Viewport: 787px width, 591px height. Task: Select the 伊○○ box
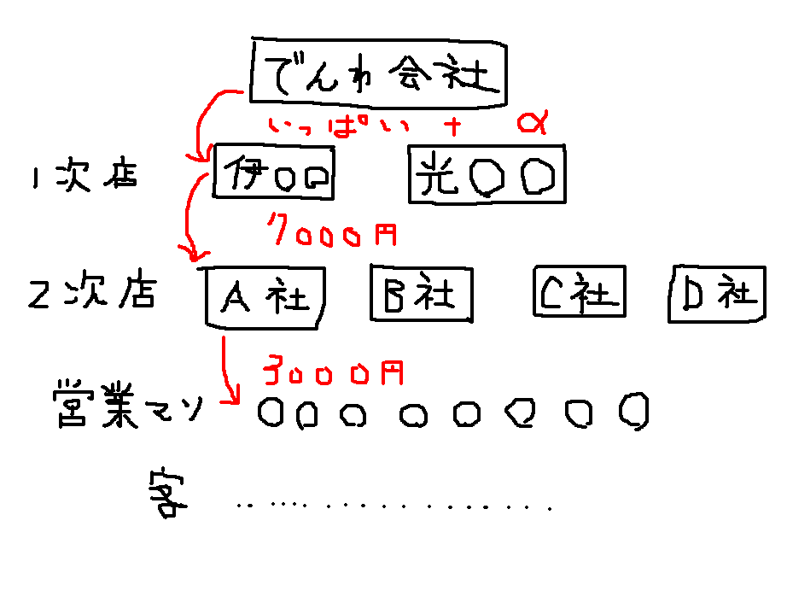(273, 173)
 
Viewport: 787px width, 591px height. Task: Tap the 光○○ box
(487, 175)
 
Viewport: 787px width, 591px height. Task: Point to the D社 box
(716, 292)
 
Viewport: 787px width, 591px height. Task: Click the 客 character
(166, 494)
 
